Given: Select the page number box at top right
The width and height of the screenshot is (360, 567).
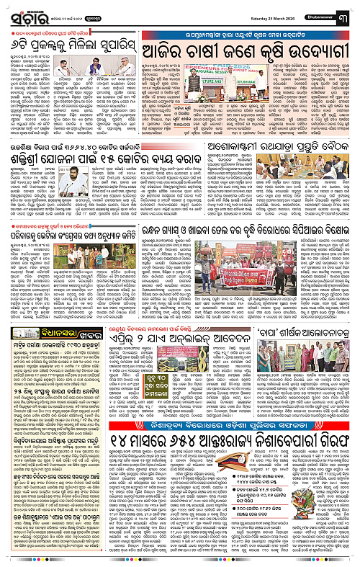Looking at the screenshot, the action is [x=351, y=9].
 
